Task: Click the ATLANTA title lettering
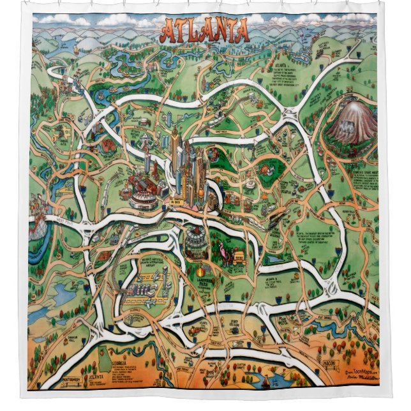[204, 31]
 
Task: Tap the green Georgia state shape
[102, 361]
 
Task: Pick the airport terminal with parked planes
[144, 288]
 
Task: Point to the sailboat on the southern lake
[265, 381]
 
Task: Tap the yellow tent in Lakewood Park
[238, 258]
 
